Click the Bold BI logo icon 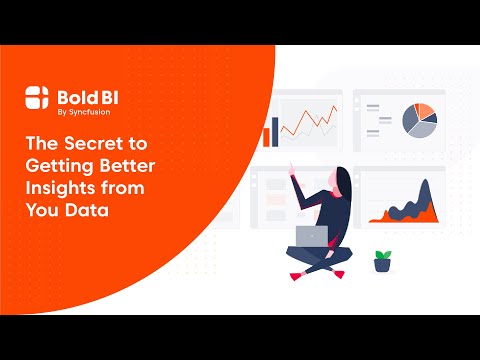click(36, 97)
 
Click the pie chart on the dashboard click(420, 121)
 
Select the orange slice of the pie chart click(426, 111)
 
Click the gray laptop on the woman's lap click(312, 237)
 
